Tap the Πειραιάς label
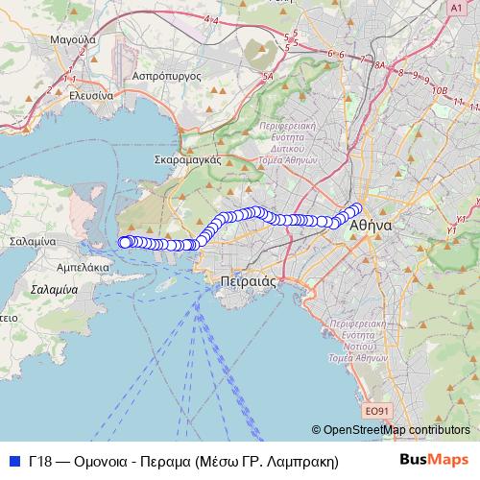click(242, 281)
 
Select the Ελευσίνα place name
click(84, 96)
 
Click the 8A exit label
click(378, 65)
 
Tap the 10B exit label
click(440, 90)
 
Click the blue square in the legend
click(13, 461)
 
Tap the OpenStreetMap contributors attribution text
click(396, 429)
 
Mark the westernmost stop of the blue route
click(123, 242)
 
